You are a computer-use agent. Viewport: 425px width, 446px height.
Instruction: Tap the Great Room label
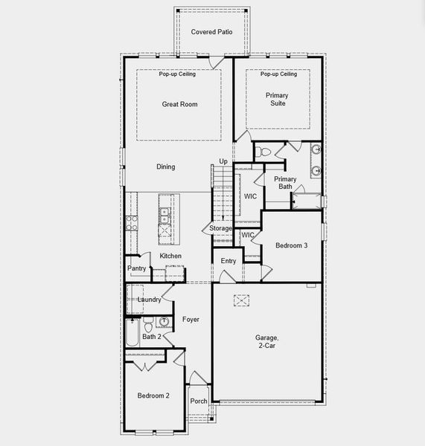179,104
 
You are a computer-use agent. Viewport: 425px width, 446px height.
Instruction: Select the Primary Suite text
278,99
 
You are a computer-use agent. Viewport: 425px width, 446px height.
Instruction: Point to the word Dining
166,167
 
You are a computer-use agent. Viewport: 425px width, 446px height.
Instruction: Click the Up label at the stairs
223,161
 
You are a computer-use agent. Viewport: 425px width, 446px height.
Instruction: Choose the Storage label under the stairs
221,228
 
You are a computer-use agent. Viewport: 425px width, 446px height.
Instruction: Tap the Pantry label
136,268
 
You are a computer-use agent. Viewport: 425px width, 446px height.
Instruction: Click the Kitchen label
170,256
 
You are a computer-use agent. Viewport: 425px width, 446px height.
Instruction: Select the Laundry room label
149,300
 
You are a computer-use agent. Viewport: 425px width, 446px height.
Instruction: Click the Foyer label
191,320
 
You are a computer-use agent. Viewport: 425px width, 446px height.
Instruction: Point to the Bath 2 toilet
148,325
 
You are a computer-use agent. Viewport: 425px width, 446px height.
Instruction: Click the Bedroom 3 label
291,245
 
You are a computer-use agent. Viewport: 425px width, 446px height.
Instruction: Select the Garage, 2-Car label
267,341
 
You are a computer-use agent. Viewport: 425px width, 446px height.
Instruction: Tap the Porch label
199,401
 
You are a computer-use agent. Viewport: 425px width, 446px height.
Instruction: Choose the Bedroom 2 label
153,395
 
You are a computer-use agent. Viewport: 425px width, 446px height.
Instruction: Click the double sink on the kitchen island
164,216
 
